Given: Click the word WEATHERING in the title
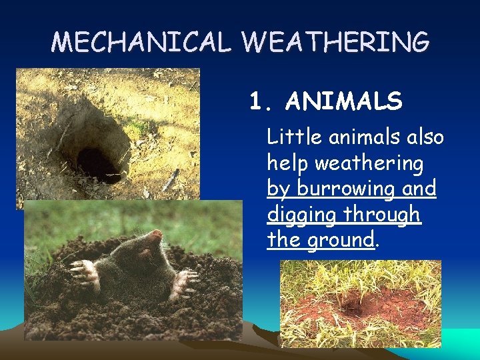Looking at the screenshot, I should [336, 42].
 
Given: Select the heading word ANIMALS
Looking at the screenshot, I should [343, 102].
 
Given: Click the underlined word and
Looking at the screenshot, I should [420, 189].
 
